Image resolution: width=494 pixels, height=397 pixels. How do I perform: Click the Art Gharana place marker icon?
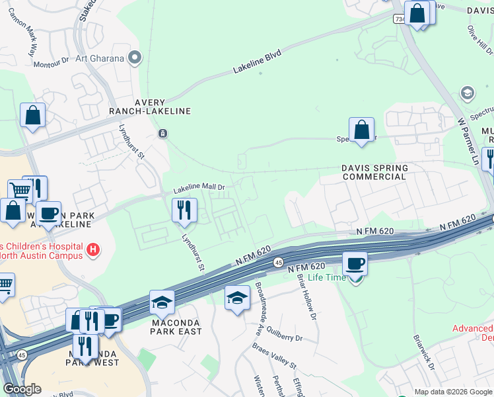click(135, 58)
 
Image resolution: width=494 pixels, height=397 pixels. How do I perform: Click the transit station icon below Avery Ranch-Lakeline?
click(162, 134)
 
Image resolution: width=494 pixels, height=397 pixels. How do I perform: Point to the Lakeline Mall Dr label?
click(199, 189)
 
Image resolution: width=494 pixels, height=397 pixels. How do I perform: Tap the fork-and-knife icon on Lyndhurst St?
click(184, 210)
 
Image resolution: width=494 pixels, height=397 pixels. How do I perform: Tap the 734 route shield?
click(400, 21)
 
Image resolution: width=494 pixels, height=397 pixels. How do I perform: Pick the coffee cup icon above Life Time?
click(355, 263)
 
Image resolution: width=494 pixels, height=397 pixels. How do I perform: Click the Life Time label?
click(327, 277)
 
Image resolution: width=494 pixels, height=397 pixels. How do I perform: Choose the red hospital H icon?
click(94, 249)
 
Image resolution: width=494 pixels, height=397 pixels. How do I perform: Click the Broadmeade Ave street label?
click(260, 311)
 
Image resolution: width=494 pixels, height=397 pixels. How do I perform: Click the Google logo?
click(22, 389)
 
